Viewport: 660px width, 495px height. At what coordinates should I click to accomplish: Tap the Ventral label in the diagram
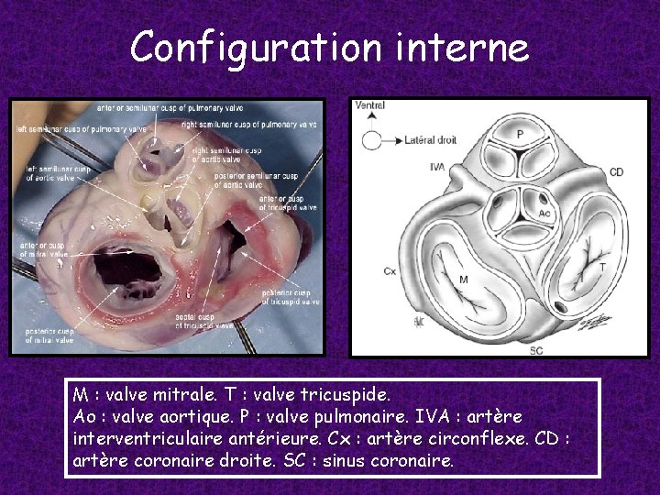[x=369, y=104]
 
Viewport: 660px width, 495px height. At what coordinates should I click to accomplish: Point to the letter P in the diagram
[x=520, y=134]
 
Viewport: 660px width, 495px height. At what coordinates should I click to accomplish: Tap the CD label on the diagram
[x=616, y=171]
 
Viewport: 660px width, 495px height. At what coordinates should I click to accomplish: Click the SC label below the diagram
[x=537, y=349]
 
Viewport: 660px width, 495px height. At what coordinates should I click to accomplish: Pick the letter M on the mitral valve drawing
[x=464, y=279]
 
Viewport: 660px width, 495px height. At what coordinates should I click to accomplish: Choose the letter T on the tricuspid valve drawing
[x=601, y=266]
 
